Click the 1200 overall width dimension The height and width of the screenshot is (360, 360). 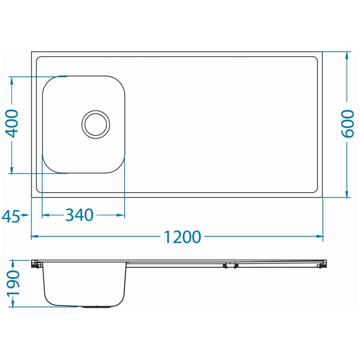182,237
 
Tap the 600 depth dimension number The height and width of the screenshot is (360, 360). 347,124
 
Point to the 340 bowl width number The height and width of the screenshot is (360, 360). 79,215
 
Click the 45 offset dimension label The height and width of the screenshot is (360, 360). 10,216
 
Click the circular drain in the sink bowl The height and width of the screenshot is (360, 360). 96,124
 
